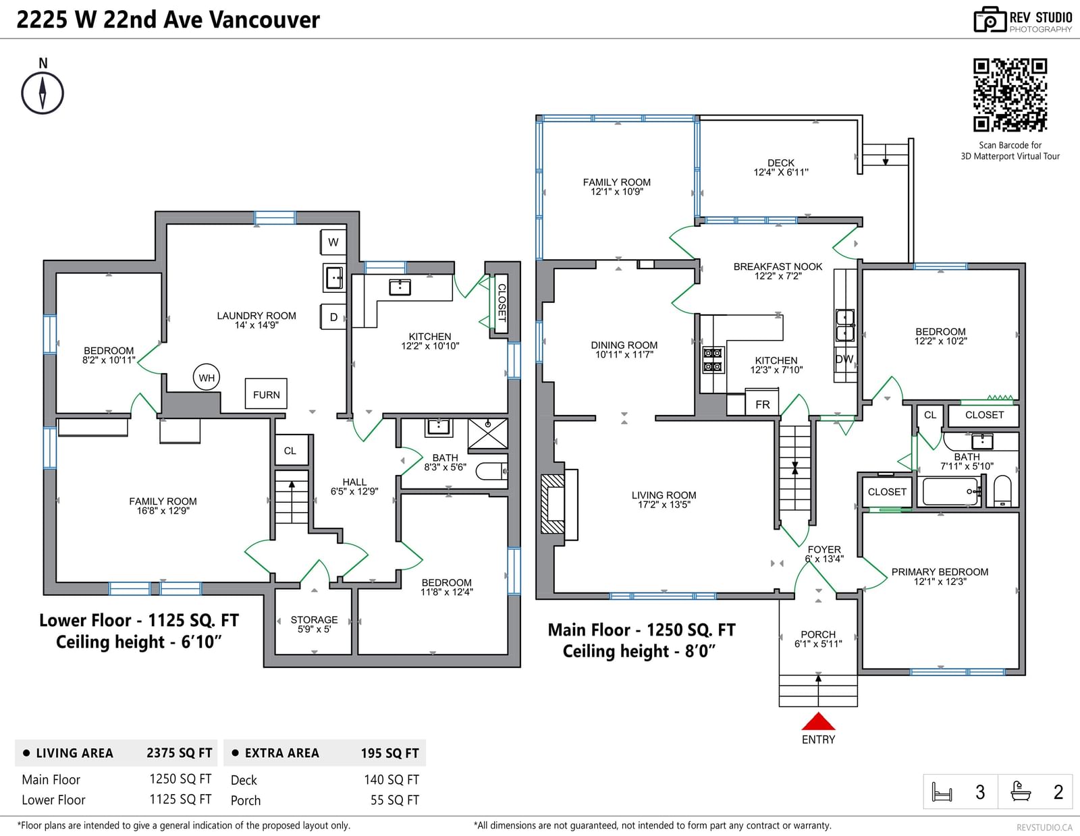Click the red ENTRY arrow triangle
point(818,721)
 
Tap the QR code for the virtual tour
point(1010,95)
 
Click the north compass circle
point(43,93)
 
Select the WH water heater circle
point(207,378)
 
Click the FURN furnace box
point(266,395)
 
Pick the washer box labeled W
point(333,242)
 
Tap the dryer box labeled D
point(333,316)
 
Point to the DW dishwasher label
point(844,359)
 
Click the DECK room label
point(781,163)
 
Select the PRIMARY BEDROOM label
point(940,572)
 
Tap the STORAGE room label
point(314,619)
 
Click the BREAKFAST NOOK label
point(778,267)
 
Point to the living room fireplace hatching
point(552,503)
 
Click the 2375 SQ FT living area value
point(180,753)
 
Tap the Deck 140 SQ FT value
point(391,780)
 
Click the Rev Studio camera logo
point(990,20)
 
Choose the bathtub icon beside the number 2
point(1021,791)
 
